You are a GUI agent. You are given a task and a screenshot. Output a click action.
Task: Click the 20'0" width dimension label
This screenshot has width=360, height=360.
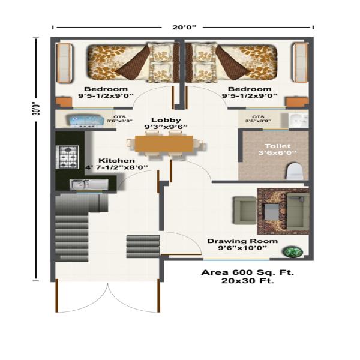point(184,28)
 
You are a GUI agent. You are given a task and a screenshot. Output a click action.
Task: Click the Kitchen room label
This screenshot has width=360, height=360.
point(116,160)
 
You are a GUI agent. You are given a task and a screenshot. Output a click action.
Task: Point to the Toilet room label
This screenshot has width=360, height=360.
point(278,146)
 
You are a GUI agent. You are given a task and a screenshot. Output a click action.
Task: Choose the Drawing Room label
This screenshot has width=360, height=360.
point(242,241)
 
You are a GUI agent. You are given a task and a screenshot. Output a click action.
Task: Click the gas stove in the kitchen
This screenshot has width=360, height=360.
point(67,157)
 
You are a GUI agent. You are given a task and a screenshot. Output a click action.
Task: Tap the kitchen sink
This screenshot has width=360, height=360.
point(89,185)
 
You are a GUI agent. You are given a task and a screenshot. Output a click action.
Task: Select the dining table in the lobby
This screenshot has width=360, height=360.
point(164,144)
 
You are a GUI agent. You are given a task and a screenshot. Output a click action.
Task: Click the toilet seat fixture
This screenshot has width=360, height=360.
point(295,171)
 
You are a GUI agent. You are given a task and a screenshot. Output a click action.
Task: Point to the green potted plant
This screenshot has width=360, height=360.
point(293,251)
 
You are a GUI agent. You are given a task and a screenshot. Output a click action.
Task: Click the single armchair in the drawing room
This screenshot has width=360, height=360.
point(245,210)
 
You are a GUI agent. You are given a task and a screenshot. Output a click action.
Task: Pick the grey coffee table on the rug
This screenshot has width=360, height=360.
point(272,211)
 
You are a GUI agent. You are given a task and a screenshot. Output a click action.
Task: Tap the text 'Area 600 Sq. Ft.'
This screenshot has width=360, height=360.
point(247,272)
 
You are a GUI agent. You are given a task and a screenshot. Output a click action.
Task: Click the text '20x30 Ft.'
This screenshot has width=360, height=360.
point(247,281)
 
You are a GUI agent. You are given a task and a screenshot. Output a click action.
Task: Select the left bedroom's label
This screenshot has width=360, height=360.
point(106,92)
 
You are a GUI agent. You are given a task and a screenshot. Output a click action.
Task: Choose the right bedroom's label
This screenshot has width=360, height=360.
point(250,92)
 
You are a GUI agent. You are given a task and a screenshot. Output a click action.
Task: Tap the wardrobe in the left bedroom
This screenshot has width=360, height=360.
point(65,63)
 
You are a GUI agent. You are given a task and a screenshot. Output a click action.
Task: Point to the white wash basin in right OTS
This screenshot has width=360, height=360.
point(298,120)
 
